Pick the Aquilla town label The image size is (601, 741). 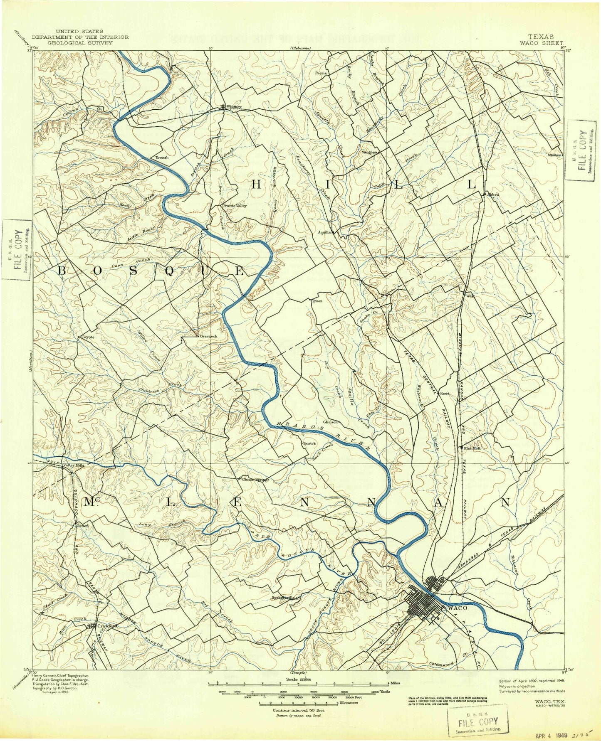324,233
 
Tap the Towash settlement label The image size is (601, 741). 162,158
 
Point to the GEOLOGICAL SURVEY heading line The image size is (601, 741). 80,43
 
